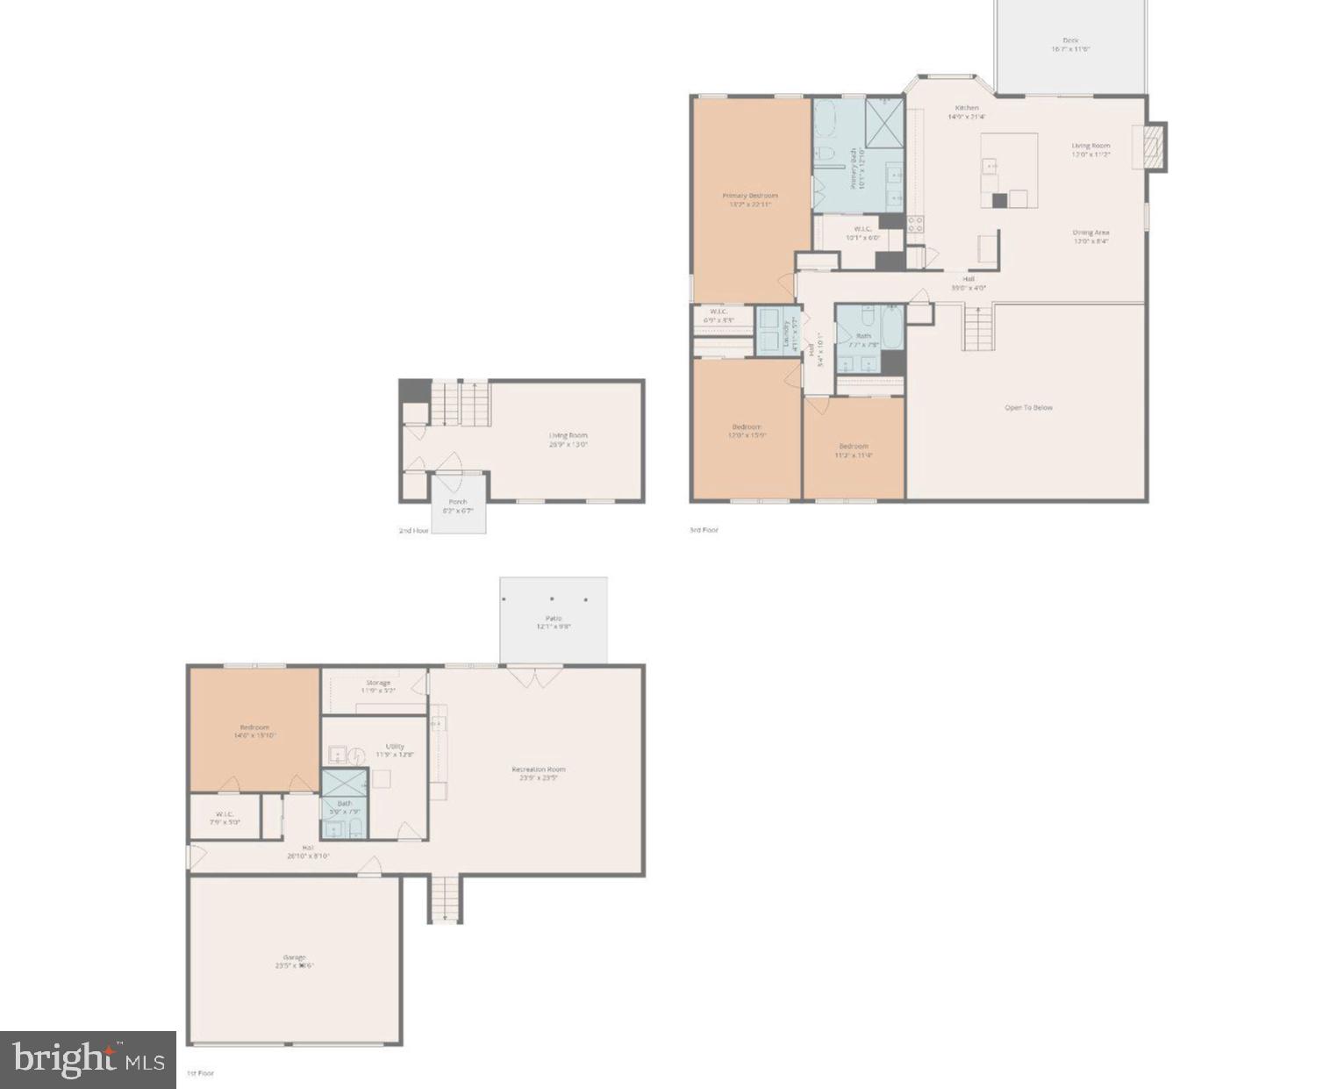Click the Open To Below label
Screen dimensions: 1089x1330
[1028, 407]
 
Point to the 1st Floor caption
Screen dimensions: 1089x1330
[200, 1072]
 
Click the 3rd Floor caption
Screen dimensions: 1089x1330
[704, 530]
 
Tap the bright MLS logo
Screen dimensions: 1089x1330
[88, 1060]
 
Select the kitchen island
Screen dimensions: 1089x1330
[1009, 169]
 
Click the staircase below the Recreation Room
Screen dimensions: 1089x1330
[445, 899]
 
